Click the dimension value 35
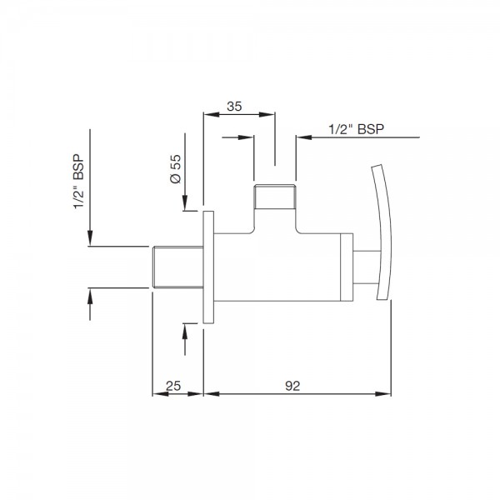[234, 107]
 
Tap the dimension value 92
[292, 386]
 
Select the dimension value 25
[173, 386]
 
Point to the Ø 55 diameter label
[176, 168]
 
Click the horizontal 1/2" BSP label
[356, 129]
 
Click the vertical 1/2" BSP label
[78, 182]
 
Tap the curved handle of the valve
[382, 232]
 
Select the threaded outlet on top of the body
[275, 197]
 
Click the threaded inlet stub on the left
[178, 267]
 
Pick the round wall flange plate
[208, 267]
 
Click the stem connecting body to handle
[367, 267]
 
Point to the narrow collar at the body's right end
[347, 267]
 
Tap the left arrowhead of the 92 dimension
[211, 394]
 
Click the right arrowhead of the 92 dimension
[383, 394]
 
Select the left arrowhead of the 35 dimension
[212, 114]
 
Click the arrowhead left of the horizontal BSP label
[304, 137]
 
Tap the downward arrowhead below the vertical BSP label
[90, 237]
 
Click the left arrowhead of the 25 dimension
[160, 394]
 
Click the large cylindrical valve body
[277, 267]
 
